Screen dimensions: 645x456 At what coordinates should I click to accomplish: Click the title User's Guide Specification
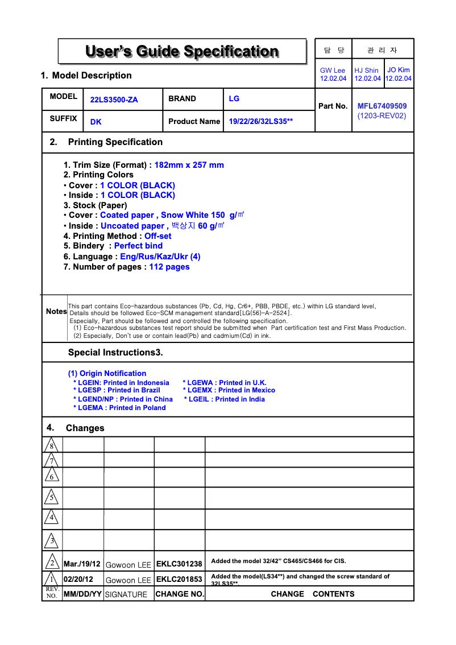tap(182, 52)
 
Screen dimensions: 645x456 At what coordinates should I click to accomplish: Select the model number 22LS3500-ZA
tap(114, 100)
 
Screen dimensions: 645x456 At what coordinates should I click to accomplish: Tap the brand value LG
tap(234, 98)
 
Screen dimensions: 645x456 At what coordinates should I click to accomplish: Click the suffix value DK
tap(96, 122)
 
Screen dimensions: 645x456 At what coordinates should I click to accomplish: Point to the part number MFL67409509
tap(382, 106)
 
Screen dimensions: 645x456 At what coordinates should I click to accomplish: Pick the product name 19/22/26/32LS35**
tap(260, 122)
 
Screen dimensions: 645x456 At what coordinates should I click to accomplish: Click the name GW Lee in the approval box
tap(333, 71)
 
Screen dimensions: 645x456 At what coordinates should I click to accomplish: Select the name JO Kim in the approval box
tap(399, 70)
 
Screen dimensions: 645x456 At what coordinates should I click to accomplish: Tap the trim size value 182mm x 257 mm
tap(189, 165)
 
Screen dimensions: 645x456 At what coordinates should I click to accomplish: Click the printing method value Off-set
tap(157, 236)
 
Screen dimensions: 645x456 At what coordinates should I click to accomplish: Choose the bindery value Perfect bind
tap(138, 246)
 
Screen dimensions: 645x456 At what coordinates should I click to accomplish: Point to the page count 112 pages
tap(169, 267)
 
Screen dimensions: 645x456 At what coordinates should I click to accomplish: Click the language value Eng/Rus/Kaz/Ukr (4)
tap(160, 257)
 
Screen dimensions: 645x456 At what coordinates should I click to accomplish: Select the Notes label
tap(56, 312)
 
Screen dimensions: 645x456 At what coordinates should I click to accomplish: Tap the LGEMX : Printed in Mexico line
tap(229, 390)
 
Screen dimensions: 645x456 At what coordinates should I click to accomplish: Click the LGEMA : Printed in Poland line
tap(119, 408)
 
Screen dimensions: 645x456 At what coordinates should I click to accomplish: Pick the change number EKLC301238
tap(179, 564)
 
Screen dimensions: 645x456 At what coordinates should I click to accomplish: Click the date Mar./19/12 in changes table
tap(82, 564)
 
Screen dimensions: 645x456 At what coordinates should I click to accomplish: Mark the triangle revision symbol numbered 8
tap(51, 445)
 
